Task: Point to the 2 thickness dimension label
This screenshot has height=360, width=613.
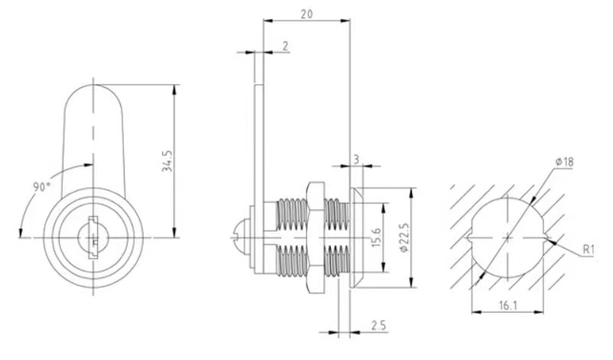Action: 285,47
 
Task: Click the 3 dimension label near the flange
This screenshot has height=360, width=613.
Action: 356,159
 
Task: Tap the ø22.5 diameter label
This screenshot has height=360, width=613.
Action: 406,238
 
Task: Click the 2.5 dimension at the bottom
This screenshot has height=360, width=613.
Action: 378,326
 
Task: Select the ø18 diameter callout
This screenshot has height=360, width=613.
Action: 566,162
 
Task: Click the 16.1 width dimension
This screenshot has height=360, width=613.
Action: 507,306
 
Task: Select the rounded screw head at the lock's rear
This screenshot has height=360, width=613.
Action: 241,238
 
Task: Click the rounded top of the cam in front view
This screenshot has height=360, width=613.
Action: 95,96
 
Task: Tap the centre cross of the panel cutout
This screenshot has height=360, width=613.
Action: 508,238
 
